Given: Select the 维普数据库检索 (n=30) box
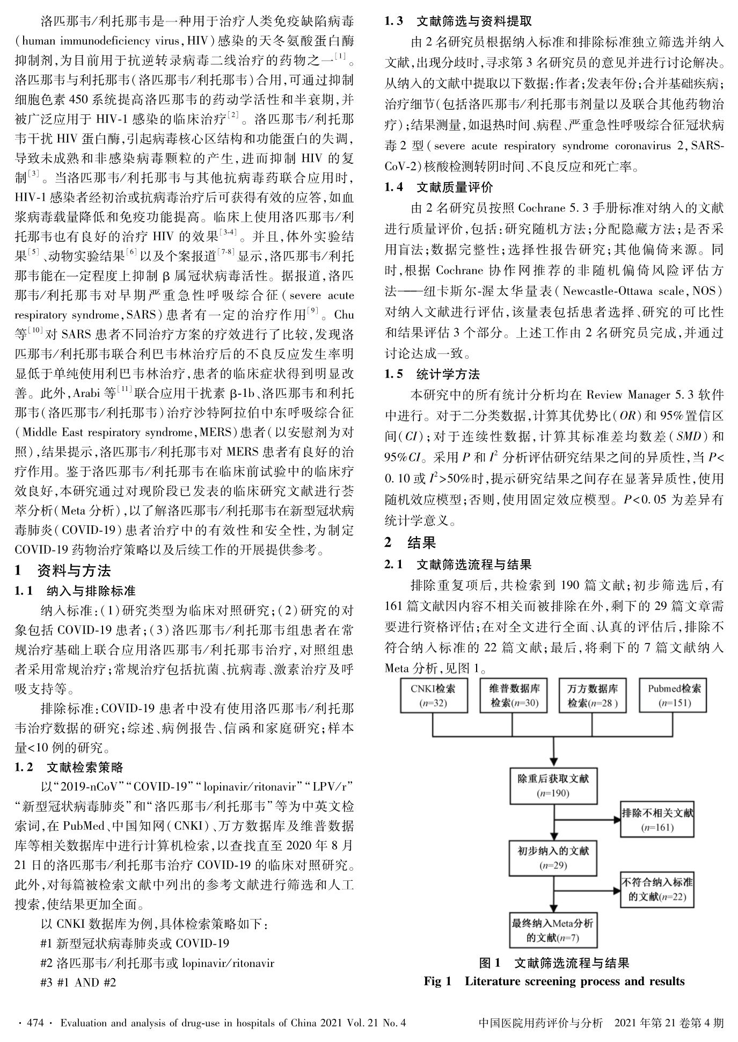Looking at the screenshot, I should click(514, 696).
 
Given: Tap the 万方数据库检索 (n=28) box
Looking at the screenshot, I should click(593, 696).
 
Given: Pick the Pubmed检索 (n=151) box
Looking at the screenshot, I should click(674, 696).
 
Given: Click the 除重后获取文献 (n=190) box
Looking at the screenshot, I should click(553, 786).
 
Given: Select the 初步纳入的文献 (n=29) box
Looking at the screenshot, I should click(553, 858).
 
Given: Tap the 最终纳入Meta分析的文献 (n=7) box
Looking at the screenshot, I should click(553, 931).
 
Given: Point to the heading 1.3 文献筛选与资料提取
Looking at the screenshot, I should click(458, 21).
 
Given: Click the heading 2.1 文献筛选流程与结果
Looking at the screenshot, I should click(458, 565).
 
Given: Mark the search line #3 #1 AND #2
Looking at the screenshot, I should click(78, 982).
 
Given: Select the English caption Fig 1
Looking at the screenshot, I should click(437, 981).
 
